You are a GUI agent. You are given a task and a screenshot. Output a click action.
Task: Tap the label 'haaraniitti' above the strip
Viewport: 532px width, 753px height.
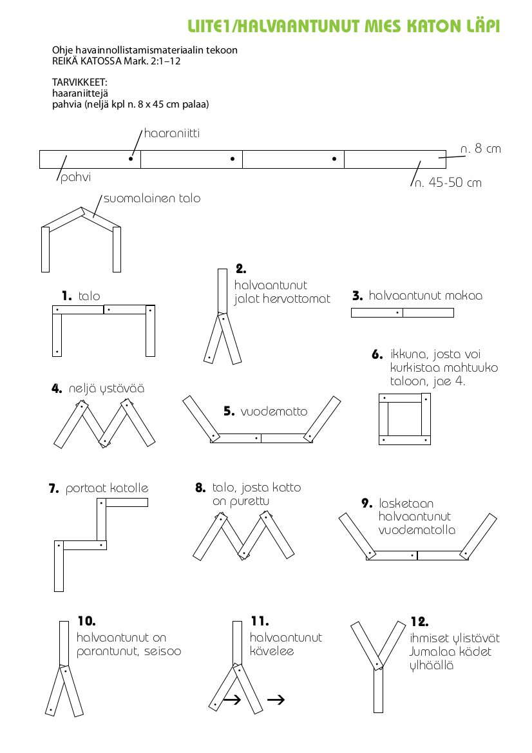[171, 133]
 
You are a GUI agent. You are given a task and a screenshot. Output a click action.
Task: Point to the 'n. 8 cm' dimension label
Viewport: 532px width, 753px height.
[480, 149]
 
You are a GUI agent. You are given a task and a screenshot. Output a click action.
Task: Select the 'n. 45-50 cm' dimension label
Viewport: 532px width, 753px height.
[448, 183]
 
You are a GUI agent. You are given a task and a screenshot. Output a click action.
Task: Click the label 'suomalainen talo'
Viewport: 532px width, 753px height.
[152, 198]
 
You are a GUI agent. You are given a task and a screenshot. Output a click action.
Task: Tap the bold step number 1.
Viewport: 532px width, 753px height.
[67, 296]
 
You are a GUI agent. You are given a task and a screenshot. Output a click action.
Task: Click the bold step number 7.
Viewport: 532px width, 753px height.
[54, 489]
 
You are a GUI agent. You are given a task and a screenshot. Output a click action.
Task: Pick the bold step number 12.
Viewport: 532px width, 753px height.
[419, 622]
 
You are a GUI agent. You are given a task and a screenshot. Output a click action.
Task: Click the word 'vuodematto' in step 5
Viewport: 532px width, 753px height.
[274, 412]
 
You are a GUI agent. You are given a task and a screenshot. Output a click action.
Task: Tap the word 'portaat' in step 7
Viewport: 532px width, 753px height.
[86, 489]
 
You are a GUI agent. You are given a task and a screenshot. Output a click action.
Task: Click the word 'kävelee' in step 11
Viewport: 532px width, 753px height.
[272, 651]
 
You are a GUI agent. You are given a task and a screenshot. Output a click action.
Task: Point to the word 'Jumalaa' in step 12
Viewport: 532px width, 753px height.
[433, 652]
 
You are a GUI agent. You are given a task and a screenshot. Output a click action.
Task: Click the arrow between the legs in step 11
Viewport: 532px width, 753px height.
[232, 700]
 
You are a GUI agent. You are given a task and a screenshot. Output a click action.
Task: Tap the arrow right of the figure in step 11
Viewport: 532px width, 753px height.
[276, 700]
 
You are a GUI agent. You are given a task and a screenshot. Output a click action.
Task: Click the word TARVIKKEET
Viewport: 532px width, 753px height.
[79, 82]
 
